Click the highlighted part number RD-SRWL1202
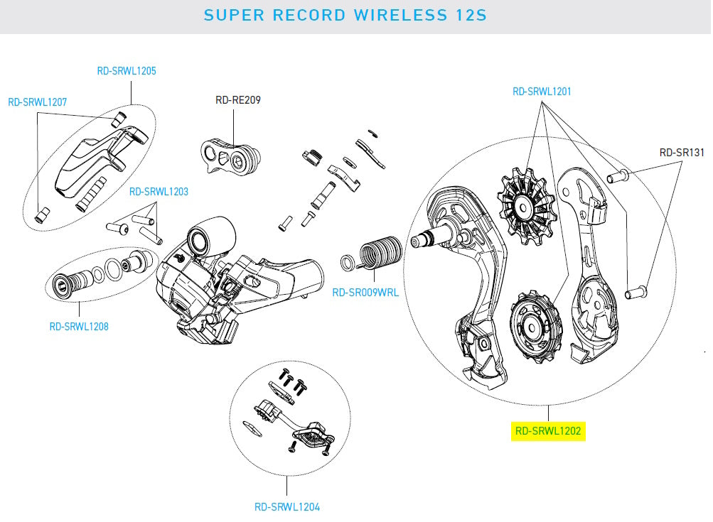549,430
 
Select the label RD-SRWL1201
542,92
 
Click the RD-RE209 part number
237,100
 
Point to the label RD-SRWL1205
126,71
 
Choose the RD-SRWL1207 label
37,102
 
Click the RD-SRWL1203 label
158,192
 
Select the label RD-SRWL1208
78,327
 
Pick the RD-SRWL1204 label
286,507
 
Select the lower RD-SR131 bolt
635,290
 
